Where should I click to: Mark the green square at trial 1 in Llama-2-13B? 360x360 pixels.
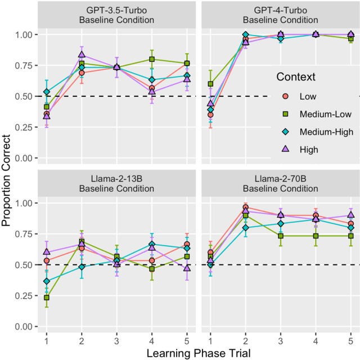47,298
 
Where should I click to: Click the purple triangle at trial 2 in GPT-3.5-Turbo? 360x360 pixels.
82,55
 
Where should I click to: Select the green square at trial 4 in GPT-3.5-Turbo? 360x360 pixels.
152,59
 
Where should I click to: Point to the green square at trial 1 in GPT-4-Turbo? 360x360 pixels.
210,84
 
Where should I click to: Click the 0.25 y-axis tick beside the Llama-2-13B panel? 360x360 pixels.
25,295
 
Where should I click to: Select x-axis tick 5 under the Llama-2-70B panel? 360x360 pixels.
350,339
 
